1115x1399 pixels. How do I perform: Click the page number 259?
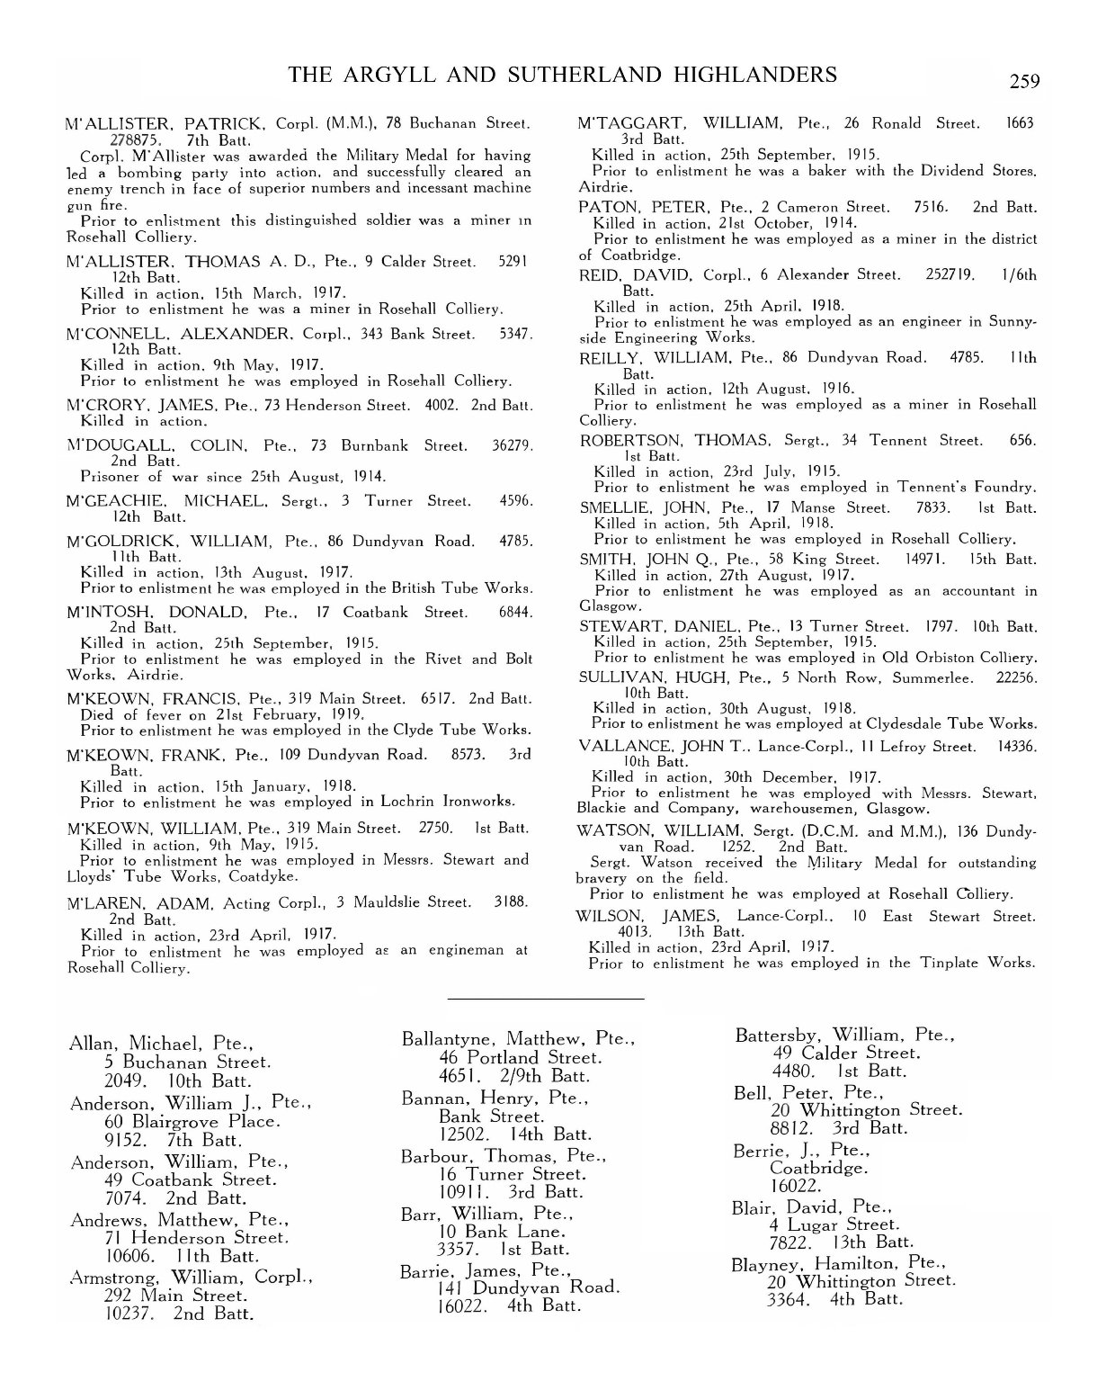[x=1024, y=82]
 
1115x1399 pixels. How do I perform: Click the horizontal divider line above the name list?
[x=545, y=999]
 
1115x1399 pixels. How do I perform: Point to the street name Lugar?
[x=810, y=1224]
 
